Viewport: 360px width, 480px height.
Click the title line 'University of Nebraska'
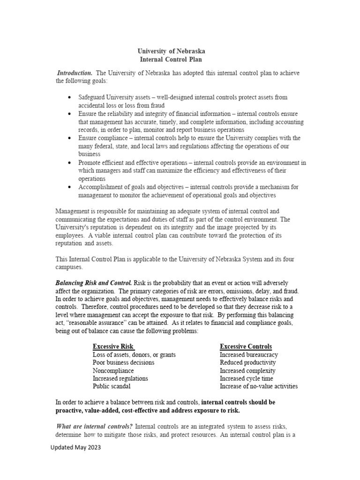[171, 51]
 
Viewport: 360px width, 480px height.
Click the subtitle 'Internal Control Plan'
[171, 60]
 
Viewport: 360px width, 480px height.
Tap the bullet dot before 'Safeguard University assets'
[69, 97]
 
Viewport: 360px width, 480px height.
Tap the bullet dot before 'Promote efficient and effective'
[69, 163]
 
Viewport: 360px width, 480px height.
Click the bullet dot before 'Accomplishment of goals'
[69, 187]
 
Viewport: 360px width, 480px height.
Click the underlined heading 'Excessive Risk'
[113, 346]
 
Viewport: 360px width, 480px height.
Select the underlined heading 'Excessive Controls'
[246, 346]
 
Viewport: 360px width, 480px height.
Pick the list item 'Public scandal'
[112, 386]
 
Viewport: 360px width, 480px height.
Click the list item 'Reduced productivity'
[247, 362]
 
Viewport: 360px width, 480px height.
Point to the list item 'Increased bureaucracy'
[248, 354]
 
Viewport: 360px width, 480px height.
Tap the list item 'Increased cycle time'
[246, 378]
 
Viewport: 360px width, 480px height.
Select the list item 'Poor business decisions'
[123, 362]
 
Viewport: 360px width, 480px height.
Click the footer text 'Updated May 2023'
[76, 448]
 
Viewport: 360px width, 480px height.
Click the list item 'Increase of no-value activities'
[259, 386]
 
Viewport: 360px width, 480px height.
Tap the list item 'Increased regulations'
[120, 378]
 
